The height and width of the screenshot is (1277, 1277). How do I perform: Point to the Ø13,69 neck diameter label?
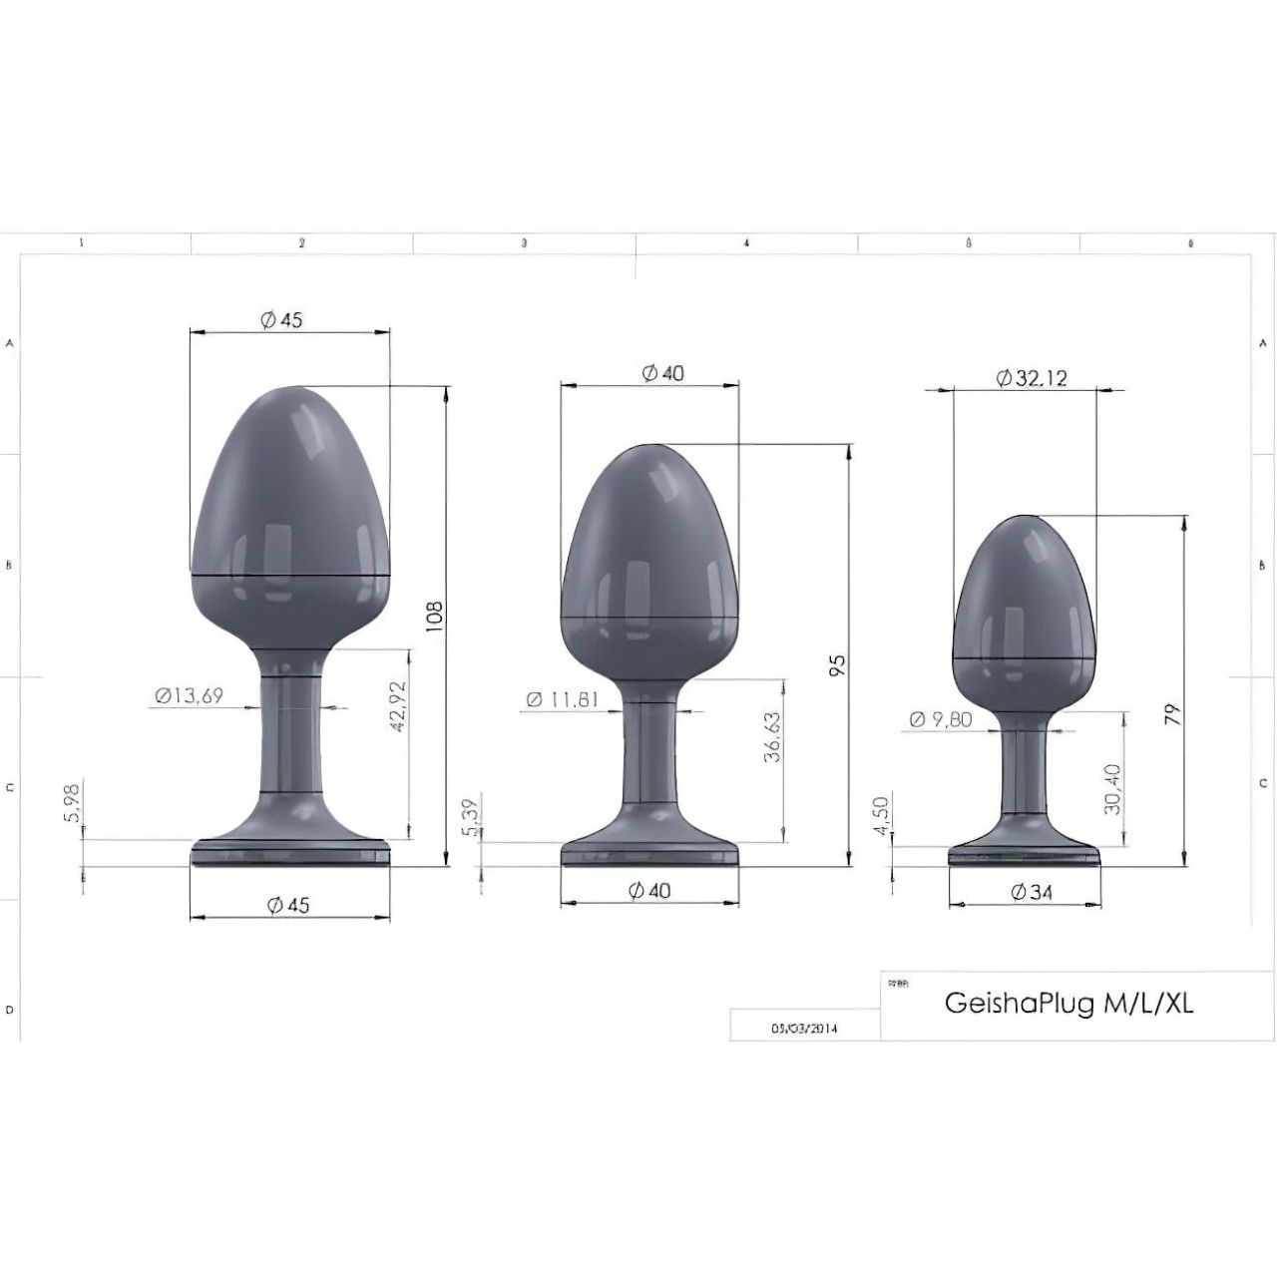(x=189, y=696)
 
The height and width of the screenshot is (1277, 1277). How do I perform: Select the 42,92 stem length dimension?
(x=397, y=708)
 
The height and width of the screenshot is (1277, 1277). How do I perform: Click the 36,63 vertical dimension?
(x=771, y=737)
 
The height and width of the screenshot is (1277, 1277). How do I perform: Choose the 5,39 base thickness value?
(x=470, y=815)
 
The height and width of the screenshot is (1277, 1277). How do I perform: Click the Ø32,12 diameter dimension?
(x=1032, y=378)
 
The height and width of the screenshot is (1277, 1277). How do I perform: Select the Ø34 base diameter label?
(x=1032, y=892)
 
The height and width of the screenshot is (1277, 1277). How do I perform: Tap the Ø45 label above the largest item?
(x=280, y=319)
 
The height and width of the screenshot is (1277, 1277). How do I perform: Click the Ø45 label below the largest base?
(x=288, y=905)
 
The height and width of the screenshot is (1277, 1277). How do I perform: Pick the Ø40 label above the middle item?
(x=662, y=373)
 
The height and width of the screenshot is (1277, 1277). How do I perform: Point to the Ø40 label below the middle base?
(x=649, y=891)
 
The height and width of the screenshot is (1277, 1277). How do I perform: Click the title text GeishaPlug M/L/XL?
(x=1067, y=1003)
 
